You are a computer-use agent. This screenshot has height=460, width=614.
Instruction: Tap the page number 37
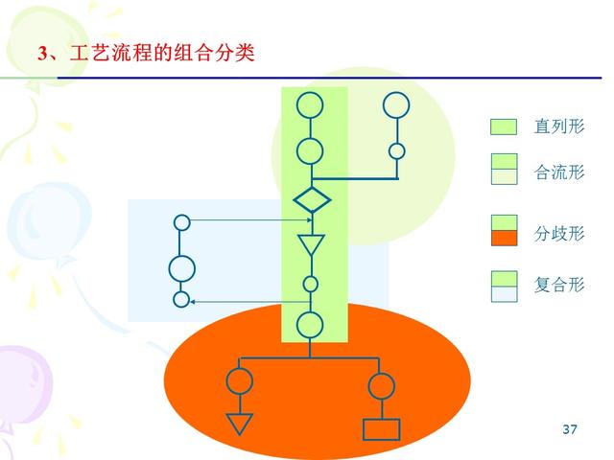[570, 429]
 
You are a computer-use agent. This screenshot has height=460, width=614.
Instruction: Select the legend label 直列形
[558, 126]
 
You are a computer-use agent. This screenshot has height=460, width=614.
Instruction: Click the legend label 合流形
[558, 172]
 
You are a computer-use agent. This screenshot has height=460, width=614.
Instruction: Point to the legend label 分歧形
[558, 234]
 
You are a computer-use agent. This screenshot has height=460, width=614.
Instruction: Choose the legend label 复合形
[558, 285]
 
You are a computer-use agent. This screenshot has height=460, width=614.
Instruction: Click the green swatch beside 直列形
[504, 126]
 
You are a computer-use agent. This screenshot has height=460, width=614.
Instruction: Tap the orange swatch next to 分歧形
[504, 239]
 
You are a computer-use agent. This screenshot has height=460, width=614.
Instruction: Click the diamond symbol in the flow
[311, 200]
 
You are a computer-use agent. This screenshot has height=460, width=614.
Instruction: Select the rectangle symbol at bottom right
[381, 428]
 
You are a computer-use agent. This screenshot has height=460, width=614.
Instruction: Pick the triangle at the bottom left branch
[239, 423]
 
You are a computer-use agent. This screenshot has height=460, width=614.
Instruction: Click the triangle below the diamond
[311, 244]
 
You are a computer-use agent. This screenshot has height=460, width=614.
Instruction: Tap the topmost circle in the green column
[310, 104]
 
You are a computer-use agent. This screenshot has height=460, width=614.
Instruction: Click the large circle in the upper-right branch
[396, 104]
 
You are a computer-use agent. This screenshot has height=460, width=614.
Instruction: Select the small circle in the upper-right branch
[396, 150]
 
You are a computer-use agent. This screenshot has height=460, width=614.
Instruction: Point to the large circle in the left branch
[181, 268]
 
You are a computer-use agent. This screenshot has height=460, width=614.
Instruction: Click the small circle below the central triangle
[310, 284]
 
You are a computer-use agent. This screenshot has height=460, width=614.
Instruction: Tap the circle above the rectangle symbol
[381, 385]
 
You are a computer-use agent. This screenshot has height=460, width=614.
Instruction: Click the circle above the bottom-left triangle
[239, 381]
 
